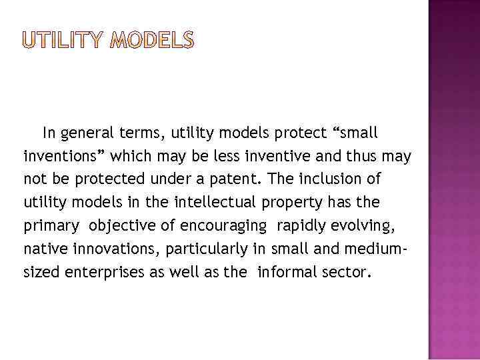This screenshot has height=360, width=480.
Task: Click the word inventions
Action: (64, 157)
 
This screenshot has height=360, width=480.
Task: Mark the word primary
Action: (50, 225)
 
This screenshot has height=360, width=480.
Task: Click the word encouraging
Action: (223, 226)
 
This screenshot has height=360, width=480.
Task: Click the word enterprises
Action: (113, 271)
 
